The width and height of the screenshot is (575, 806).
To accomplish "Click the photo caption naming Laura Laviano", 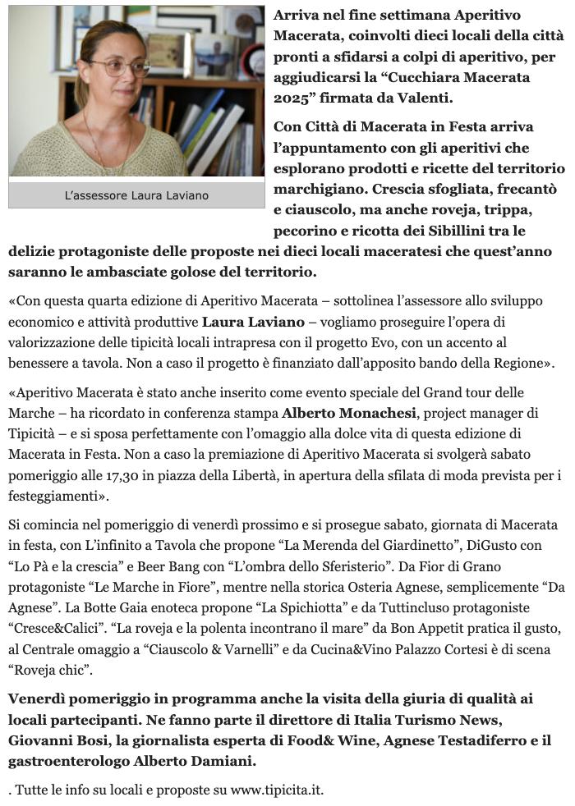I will (136, 195).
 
